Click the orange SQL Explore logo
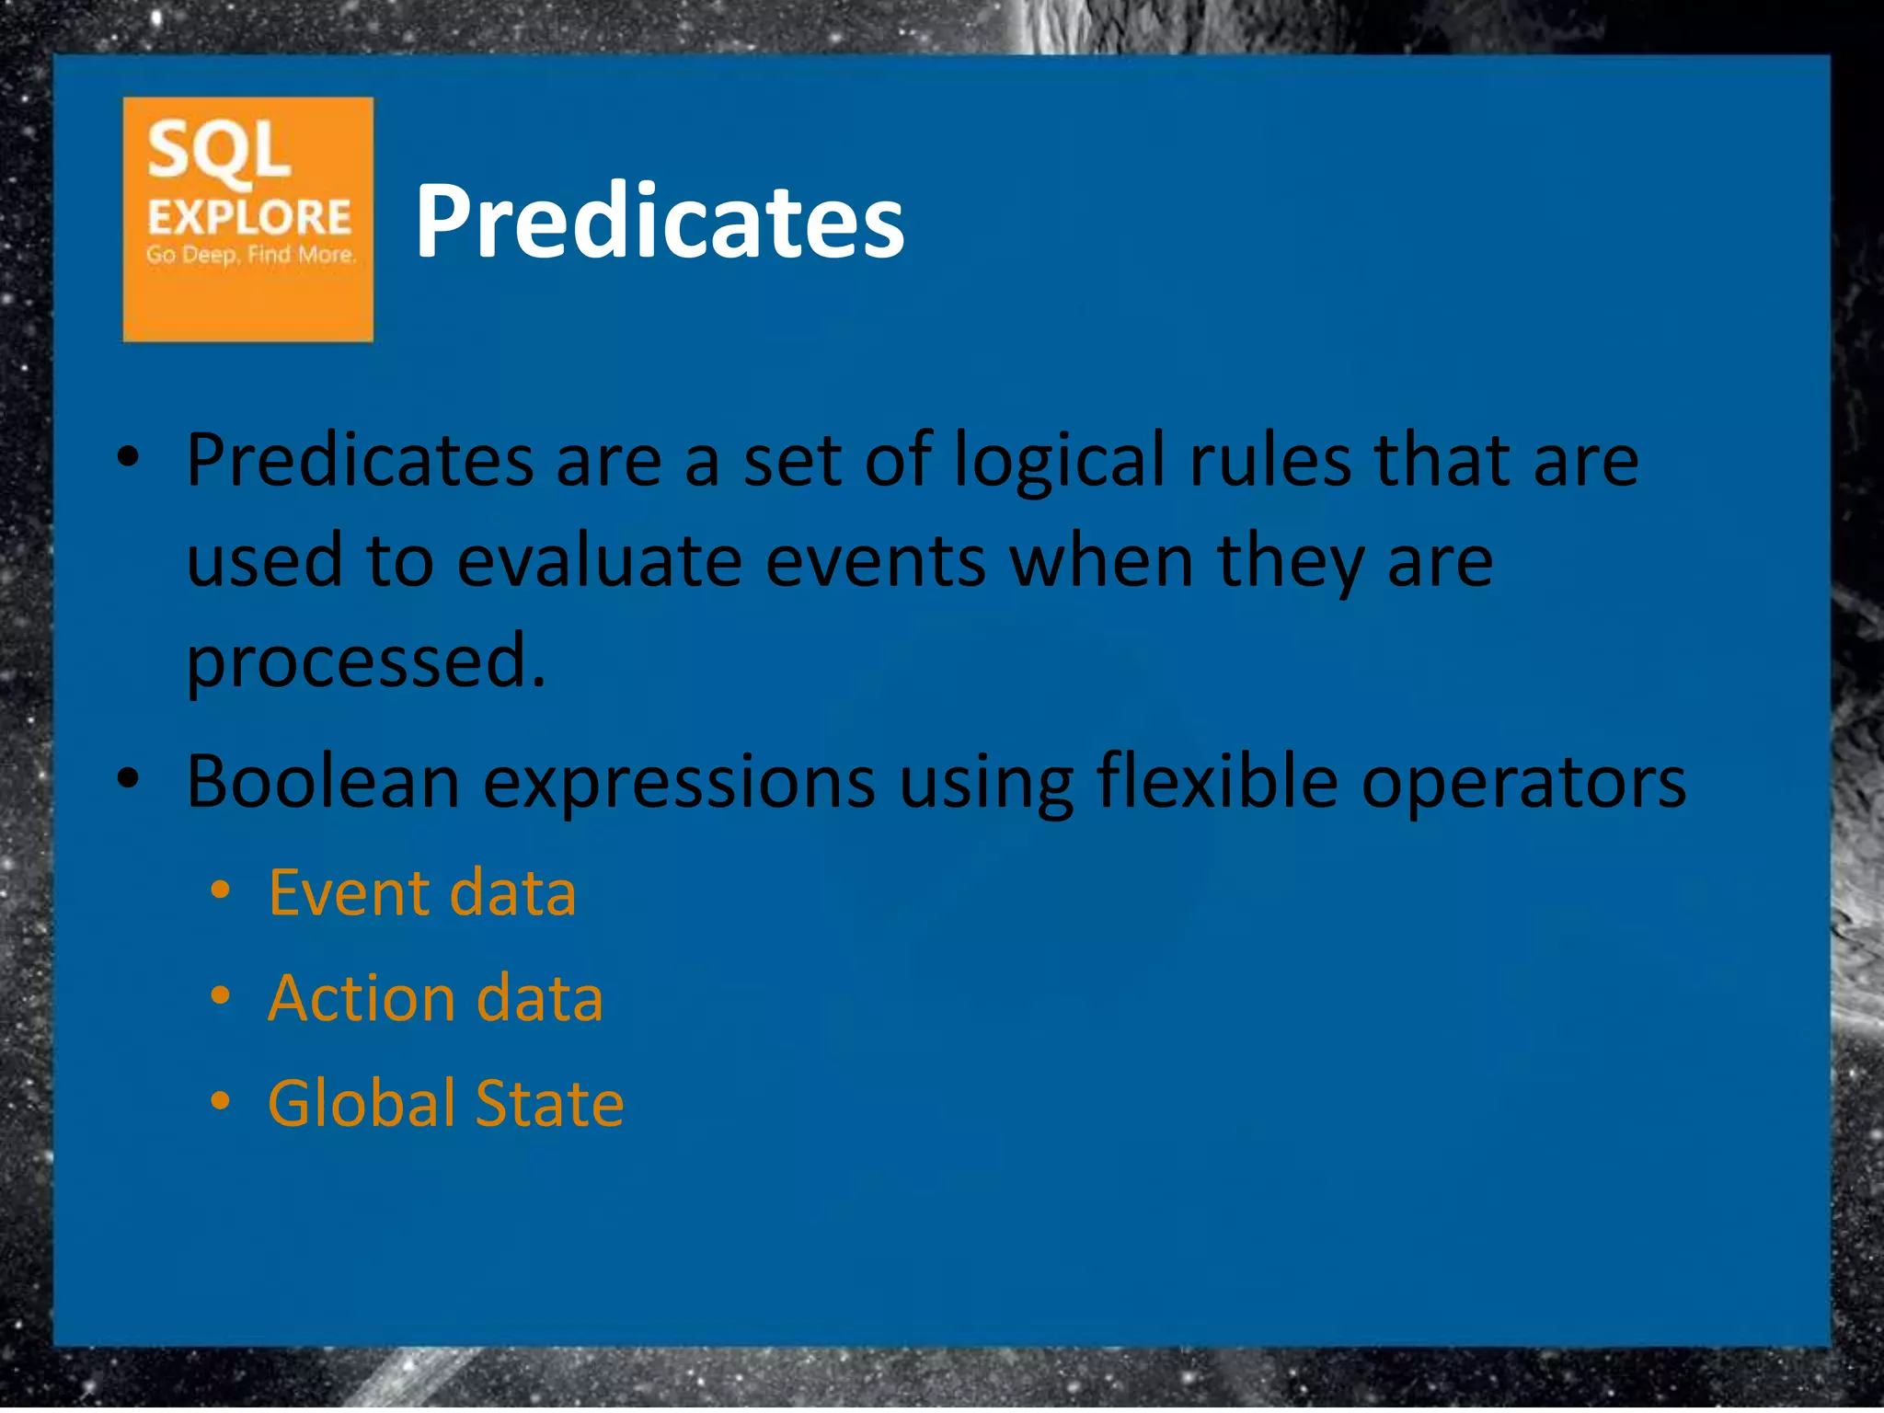click(x=247, y=219)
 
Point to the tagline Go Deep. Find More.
click(x=250, y=255)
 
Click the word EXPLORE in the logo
click(x=249, y=217)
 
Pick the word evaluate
click(x=599, y=561)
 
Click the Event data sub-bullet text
click(x=422, y=892)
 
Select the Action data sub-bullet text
click(x=435, y=998)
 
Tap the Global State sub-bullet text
click(x=446, y=1103)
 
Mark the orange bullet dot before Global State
click(x=220, y=1100)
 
